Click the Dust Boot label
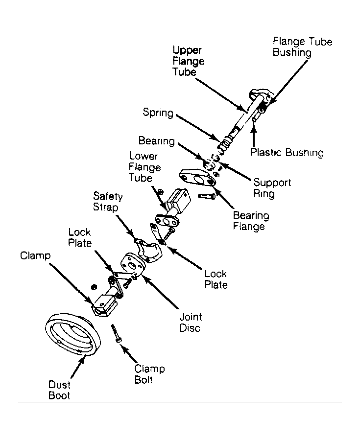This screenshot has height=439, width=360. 59,390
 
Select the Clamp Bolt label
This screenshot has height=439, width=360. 149,374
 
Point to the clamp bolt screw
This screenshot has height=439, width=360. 117,333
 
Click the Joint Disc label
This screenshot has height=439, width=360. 191,322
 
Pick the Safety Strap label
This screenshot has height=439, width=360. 108,201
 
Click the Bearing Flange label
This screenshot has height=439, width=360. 251,221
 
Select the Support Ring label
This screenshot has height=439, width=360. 272,188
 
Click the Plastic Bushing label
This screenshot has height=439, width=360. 287,152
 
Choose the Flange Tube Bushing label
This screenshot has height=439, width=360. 303,47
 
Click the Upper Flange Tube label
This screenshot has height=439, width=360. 188,61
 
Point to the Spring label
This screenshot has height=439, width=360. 158,113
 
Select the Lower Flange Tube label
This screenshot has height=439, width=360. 144,167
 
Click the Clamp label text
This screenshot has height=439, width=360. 35,255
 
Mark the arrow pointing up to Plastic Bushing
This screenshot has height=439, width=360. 254,136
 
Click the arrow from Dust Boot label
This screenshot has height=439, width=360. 77,367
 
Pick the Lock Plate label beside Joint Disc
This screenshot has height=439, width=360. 216,279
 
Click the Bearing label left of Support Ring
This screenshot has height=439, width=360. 157,140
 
